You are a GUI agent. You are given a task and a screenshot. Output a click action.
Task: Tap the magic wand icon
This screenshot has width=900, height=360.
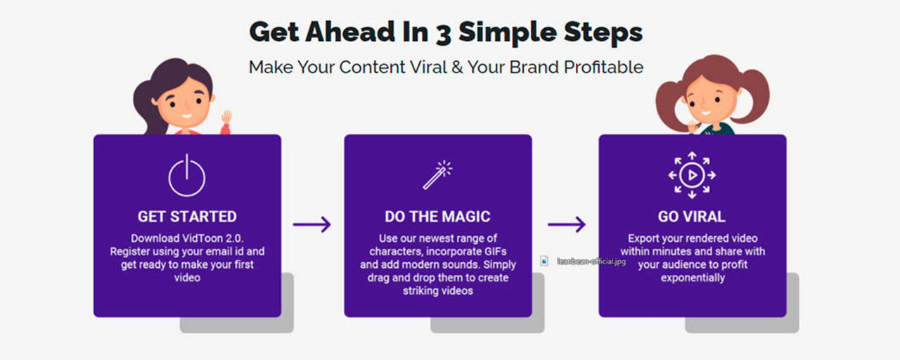coord(437,175)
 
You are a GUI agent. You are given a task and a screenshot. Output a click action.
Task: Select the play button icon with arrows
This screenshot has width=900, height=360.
coord(692,175)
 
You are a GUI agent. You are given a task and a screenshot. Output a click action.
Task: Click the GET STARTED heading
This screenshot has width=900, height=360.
coord(187,217)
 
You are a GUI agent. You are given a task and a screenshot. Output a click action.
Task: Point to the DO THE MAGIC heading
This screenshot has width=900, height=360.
coord(437,217)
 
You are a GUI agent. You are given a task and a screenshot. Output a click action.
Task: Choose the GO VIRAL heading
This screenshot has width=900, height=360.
coord(691,217)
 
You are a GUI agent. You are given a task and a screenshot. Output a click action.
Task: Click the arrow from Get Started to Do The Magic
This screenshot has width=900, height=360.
coord(311,224)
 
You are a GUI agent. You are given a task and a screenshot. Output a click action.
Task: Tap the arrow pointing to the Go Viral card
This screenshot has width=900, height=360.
coord(567,224)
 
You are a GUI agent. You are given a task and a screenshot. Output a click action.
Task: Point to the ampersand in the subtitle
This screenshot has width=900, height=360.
coord(457,67)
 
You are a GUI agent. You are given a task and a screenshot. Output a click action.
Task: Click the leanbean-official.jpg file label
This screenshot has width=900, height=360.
coord(591,262)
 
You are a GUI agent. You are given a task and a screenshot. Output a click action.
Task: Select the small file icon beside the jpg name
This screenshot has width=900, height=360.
coord(544,261)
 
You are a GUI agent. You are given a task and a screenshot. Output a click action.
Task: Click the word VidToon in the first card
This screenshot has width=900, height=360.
coord(202,238)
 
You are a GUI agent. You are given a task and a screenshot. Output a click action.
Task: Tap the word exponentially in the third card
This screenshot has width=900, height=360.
coord(693,278)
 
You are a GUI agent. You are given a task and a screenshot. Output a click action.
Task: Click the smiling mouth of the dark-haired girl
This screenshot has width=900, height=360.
coord(187,116)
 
